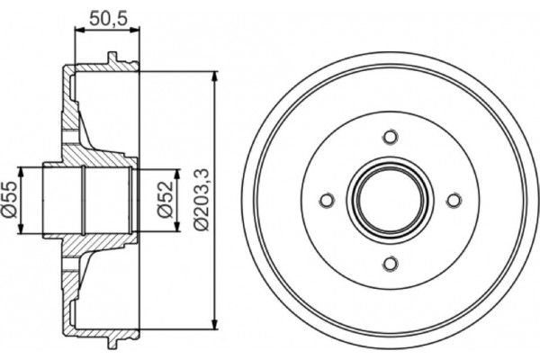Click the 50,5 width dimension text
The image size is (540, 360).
[x=107, y=16]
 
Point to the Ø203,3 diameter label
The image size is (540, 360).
[x=202, y=200]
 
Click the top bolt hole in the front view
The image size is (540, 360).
[x=390, y=137]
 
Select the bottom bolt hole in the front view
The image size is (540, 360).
[x=390, y=263]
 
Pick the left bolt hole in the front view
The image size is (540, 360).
[x=327, y=200]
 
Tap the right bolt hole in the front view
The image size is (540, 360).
[x=453, y=200]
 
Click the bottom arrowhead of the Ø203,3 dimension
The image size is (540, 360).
[x=214, y=326]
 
